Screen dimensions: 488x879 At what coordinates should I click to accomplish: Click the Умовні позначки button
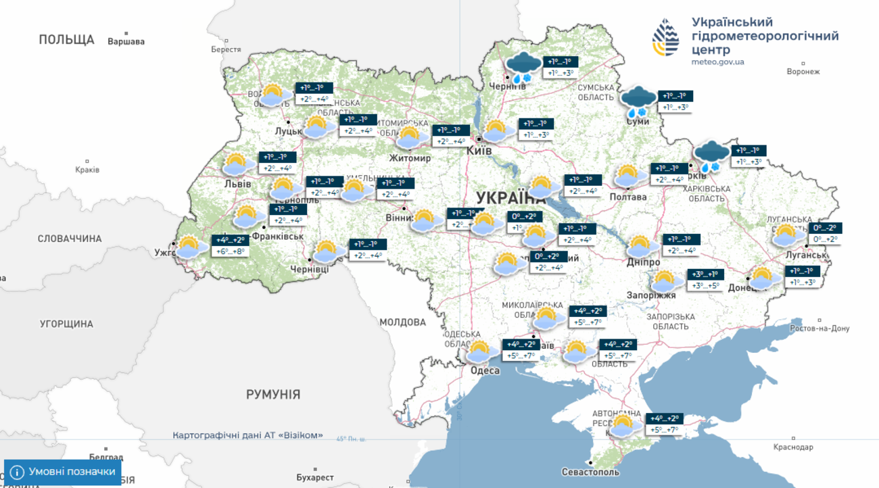click(63, 472)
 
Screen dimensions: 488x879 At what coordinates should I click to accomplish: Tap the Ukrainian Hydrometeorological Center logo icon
click(665, 37)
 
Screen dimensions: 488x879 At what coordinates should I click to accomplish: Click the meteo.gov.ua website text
click(717, 62)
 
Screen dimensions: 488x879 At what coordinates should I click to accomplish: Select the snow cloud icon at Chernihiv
click(523, 68)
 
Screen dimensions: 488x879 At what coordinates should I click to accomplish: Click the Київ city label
click(479, 151)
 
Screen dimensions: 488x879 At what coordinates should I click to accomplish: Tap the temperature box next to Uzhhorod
click(231, 246)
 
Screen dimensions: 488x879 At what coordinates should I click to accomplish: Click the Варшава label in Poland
click(126, 41)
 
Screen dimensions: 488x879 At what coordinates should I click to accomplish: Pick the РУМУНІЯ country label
click(273, 394)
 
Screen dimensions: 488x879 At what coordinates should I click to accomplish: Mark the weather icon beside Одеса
click(479, 352)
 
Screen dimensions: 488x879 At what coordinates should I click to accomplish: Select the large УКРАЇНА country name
click(510, 198)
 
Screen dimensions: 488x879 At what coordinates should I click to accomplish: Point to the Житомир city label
click(410, 158)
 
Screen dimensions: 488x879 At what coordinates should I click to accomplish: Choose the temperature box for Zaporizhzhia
click(706, 280)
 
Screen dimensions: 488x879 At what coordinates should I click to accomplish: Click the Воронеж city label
click(803, 72)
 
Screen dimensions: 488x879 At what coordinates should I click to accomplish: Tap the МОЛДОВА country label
click(402, 322)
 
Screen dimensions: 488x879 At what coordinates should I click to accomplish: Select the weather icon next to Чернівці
click(326, 251)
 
